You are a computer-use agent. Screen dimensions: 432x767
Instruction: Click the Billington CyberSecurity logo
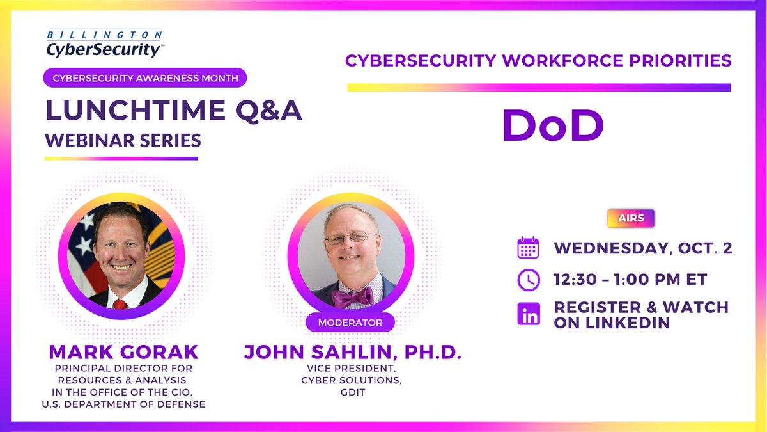(104, 43)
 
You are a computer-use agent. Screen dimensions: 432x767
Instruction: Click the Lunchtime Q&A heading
(173, 111)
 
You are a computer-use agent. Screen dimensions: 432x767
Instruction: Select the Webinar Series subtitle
(123, 140)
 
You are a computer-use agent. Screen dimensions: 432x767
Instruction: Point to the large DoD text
(553, 125)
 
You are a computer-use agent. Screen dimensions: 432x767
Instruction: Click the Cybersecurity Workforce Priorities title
(538, 61)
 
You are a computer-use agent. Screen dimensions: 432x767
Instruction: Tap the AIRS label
(631, 218)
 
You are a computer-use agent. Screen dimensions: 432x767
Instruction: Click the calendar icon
(528, 248)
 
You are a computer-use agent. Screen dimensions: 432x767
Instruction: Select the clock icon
(528, 279)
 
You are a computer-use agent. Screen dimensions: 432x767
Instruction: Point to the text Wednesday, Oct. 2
(642, 248)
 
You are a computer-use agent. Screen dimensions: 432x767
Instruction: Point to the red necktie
(120, 303)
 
